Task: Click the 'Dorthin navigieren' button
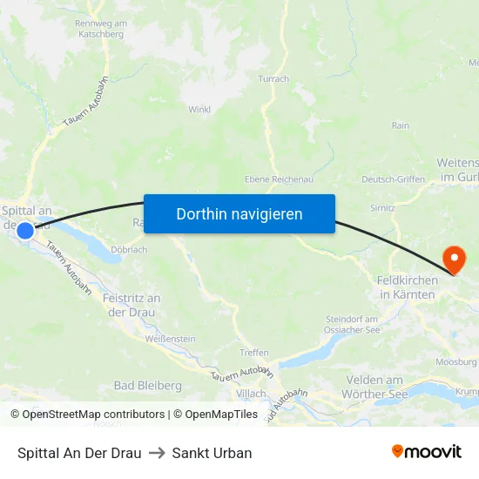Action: (x=239, y=213)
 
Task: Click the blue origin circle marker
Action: (x=25, y=231)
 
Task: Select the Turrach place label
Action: (x=273, y=78)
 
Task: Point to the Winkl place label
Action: (x=199, y=110)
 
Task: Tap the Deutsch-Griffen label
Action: (x=393, y=179)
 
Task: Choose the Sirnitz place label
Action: (x=382, y=209)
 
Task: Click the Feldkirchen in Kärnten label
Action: (x=408, y=287)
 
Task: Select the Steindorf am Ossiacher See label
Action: (x=352, y=325)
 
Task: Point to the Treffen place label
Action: (x=253, y=353)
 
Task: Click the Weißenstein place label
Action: (x=171, y=339)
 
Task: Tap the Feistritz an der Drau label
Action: (x=132, y=305)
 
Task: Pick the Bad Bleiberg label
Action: (x=147, y=385)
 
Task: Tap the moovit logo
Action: (x=427, y=452)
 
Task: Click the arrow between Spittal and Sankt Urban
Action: (x=157, y=453)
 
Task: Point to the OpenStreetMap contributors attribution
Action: (x=87, y=415)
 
